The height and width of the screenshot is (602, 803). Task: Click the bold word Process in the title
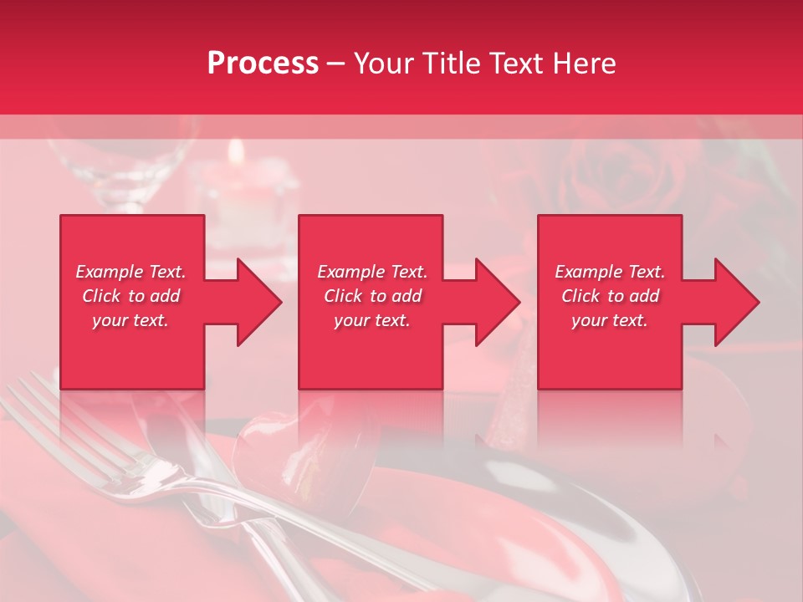point(263,64)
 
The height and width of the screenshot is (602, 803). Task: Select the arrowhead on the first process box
point(256,302)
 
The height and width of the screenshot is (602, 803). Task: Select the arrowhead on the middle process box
point(494,302)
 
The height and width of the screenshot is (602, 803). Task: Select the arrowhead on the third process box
point(734,302)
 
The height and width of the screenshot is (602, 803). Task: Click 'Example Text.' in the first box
point(130,272)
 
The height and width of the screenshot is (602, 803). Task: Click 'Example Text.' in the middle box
point(372,272)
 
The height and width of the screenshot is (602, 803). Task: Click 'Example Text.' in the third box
point(610,272)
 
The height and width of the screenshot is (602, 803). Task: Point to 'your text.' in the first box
point(130,320)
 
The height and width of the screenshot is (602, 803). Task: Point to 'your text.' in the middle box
point(372,320)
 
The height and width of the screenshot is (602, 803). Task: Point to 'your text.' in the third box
point(610,320)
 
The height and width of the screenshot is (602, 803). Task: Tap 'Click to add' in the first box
point(130,296)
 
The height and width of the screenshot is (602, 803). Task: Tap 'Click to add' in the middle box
point(372,296)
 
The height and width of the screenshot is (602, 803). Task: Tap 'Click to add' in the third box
point(610,296)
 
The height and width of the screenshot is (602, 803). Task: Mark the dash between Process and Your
point(336,65)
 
